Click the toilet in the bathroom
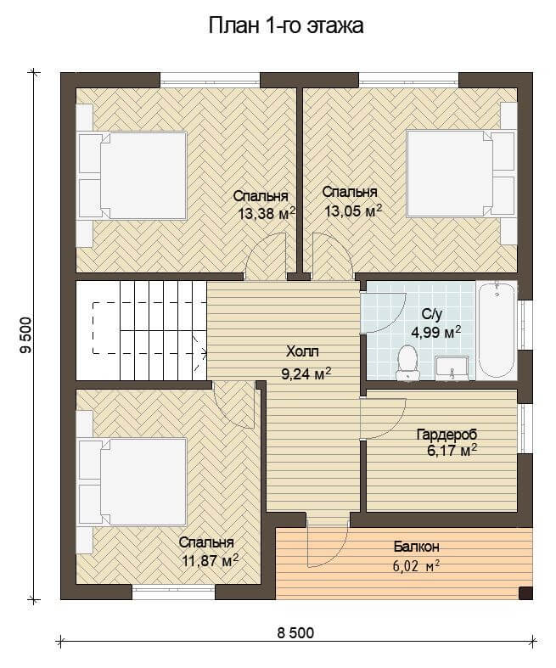pyautogui.click(x=407, y=362)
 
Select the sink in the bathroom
pyautogui.click(x=452, y=368)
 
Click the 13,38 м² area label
pyautogui.click(x=267, y=213)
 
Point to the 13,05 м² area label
pyautogui.click(x=353, y=211)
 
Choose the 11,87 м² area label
pyautogui.click(x=210, y=560)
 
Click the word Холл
pyautogui.click(x=302, y=352)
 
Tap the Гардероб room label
pyautogui.click(x=447, y=435)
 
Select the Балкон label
pyautogui.click(x=416, y=547)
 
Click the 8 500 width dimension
pyautogui.click(x=295, y=633)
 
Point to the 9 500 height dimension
pyautogui.click(x=25, y=335)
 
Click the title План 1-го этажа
pyautogui.click(x=286, y=25)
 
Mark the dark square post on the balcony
pyautogui.click(x=525, y=593)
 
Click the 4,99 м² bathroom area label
pyautogui.click(x=435, y=332)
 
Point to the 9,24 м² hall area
pyautogui.click(x=306, y=373)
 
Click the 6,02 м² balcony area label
pyautogui.click(x=416, y=567)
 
